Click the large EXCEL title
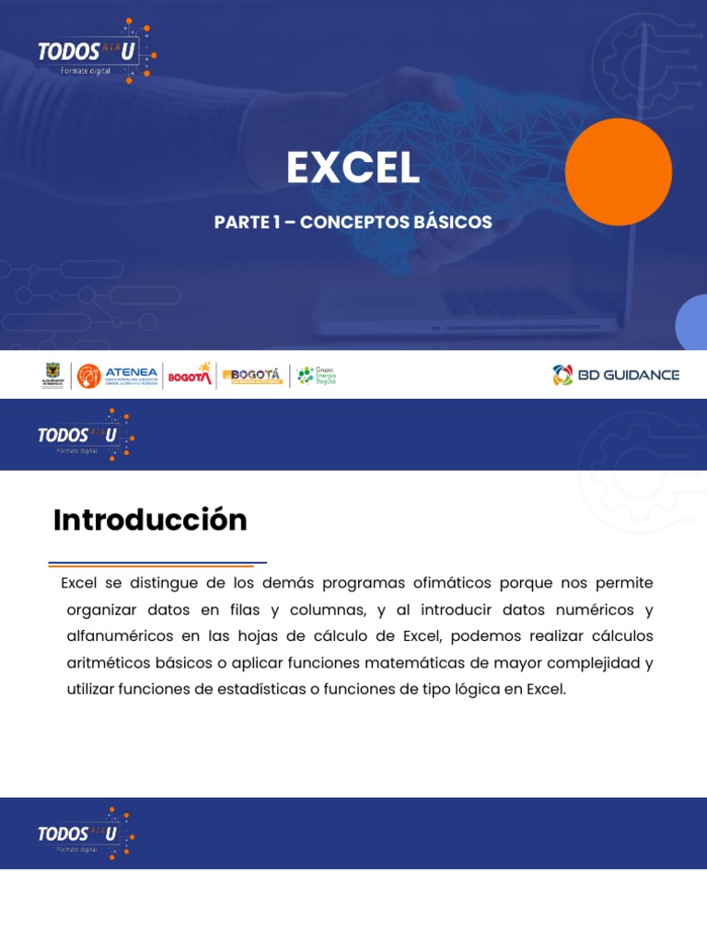tap(353, 168)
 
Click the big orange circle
tap(618, 172)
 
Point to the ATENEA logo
tap(118, 376)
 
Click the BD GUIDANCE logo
tap(616, 375)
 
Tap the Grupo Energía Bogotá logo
tap(316, 375)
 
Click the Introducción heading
tap(150, 520)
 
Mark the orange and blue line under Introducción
tap(156, 564)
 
